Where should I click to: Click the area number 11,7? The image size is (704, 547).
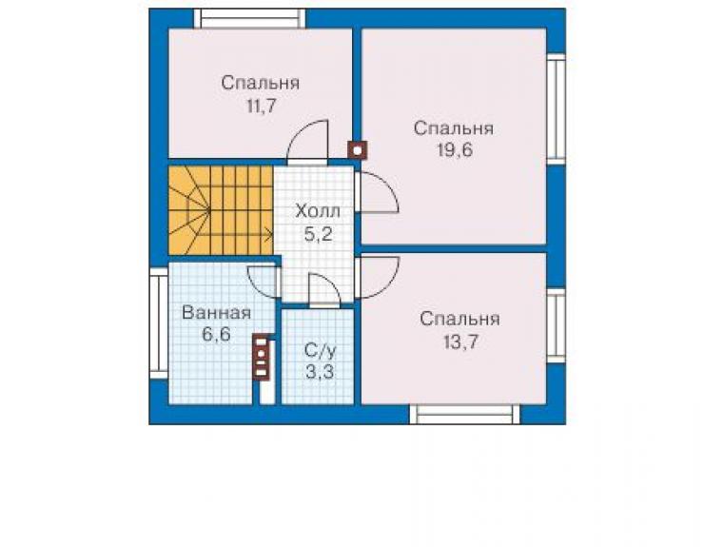pos(261,107)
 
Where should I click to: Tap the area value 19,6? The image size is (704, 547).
pos(455,150)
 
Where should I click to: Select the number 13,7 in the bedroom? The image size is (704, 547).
pos(460,342)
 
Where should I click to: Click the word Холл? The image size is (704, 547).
pos(318,211)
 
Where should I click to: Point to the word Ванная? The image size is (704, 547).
pos(216,313)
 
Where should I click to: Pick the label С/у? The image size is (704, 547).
pos(320,351)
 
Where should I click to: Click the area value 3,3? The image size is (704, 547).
pos(320,372)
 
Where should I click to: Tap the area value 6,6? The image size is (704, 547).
pos(216,335)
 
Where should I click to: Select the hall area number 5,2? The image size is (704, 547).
pos(319,234)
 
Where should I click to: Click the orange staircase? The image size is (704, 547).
pos(221,210)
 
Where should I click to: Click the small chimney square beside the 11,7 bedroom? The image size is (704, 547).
pos(358,150)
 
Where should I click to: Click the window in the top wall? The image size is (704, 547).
pos(249,19)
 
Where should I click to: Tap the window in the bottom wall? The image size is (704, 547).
pos(464,415)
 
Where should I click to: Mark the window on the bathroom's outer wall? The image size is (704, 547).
pos(159,323)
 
